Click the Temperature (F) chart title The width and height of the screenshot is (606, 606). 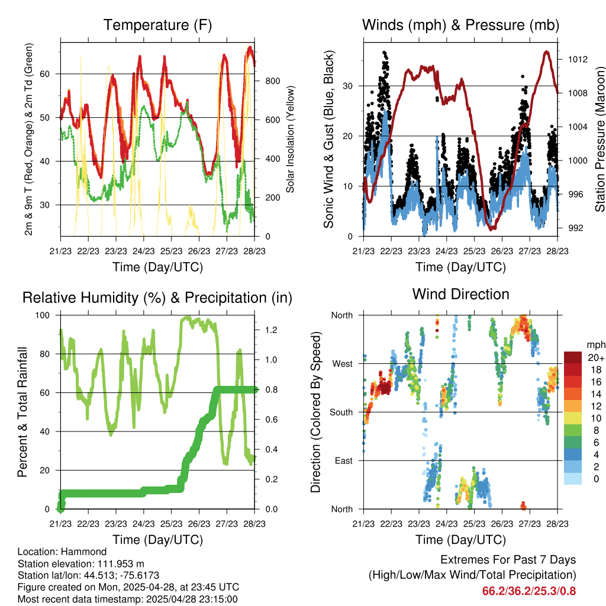click(x=157, y=25)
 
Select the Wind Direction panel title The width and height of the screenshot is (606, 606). click(x=460, y=294)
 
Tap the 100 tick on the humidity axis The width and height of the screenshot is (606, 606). click(x=48, y=315)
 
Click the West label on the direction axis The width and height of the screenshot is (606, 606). click(x=341, y=363)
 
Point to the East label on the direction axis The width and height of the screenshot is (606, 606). click(x=343, y=460)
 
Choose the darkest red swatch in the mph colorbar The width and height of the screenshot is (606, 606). click(x=572, y=357)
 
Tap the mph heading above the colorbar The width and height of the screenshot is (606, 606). click(x=594, y=344)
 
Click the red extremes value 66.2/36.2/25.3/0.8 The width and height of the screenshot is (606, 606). click(x=529, y=591)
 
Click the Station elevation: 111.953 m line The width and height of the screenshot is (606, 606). click(x=81, y=563)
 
